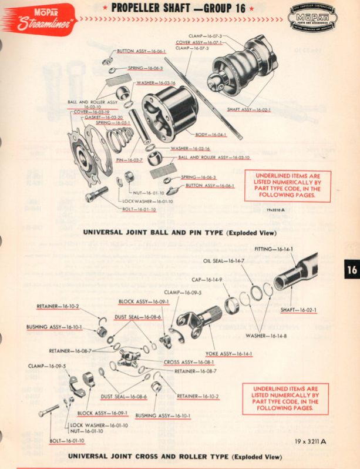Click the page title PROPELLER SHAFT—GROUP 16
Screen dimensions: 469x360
click(x=177, y=8)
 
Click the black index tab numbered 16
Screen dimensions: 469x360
click(x=351, y=270)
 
